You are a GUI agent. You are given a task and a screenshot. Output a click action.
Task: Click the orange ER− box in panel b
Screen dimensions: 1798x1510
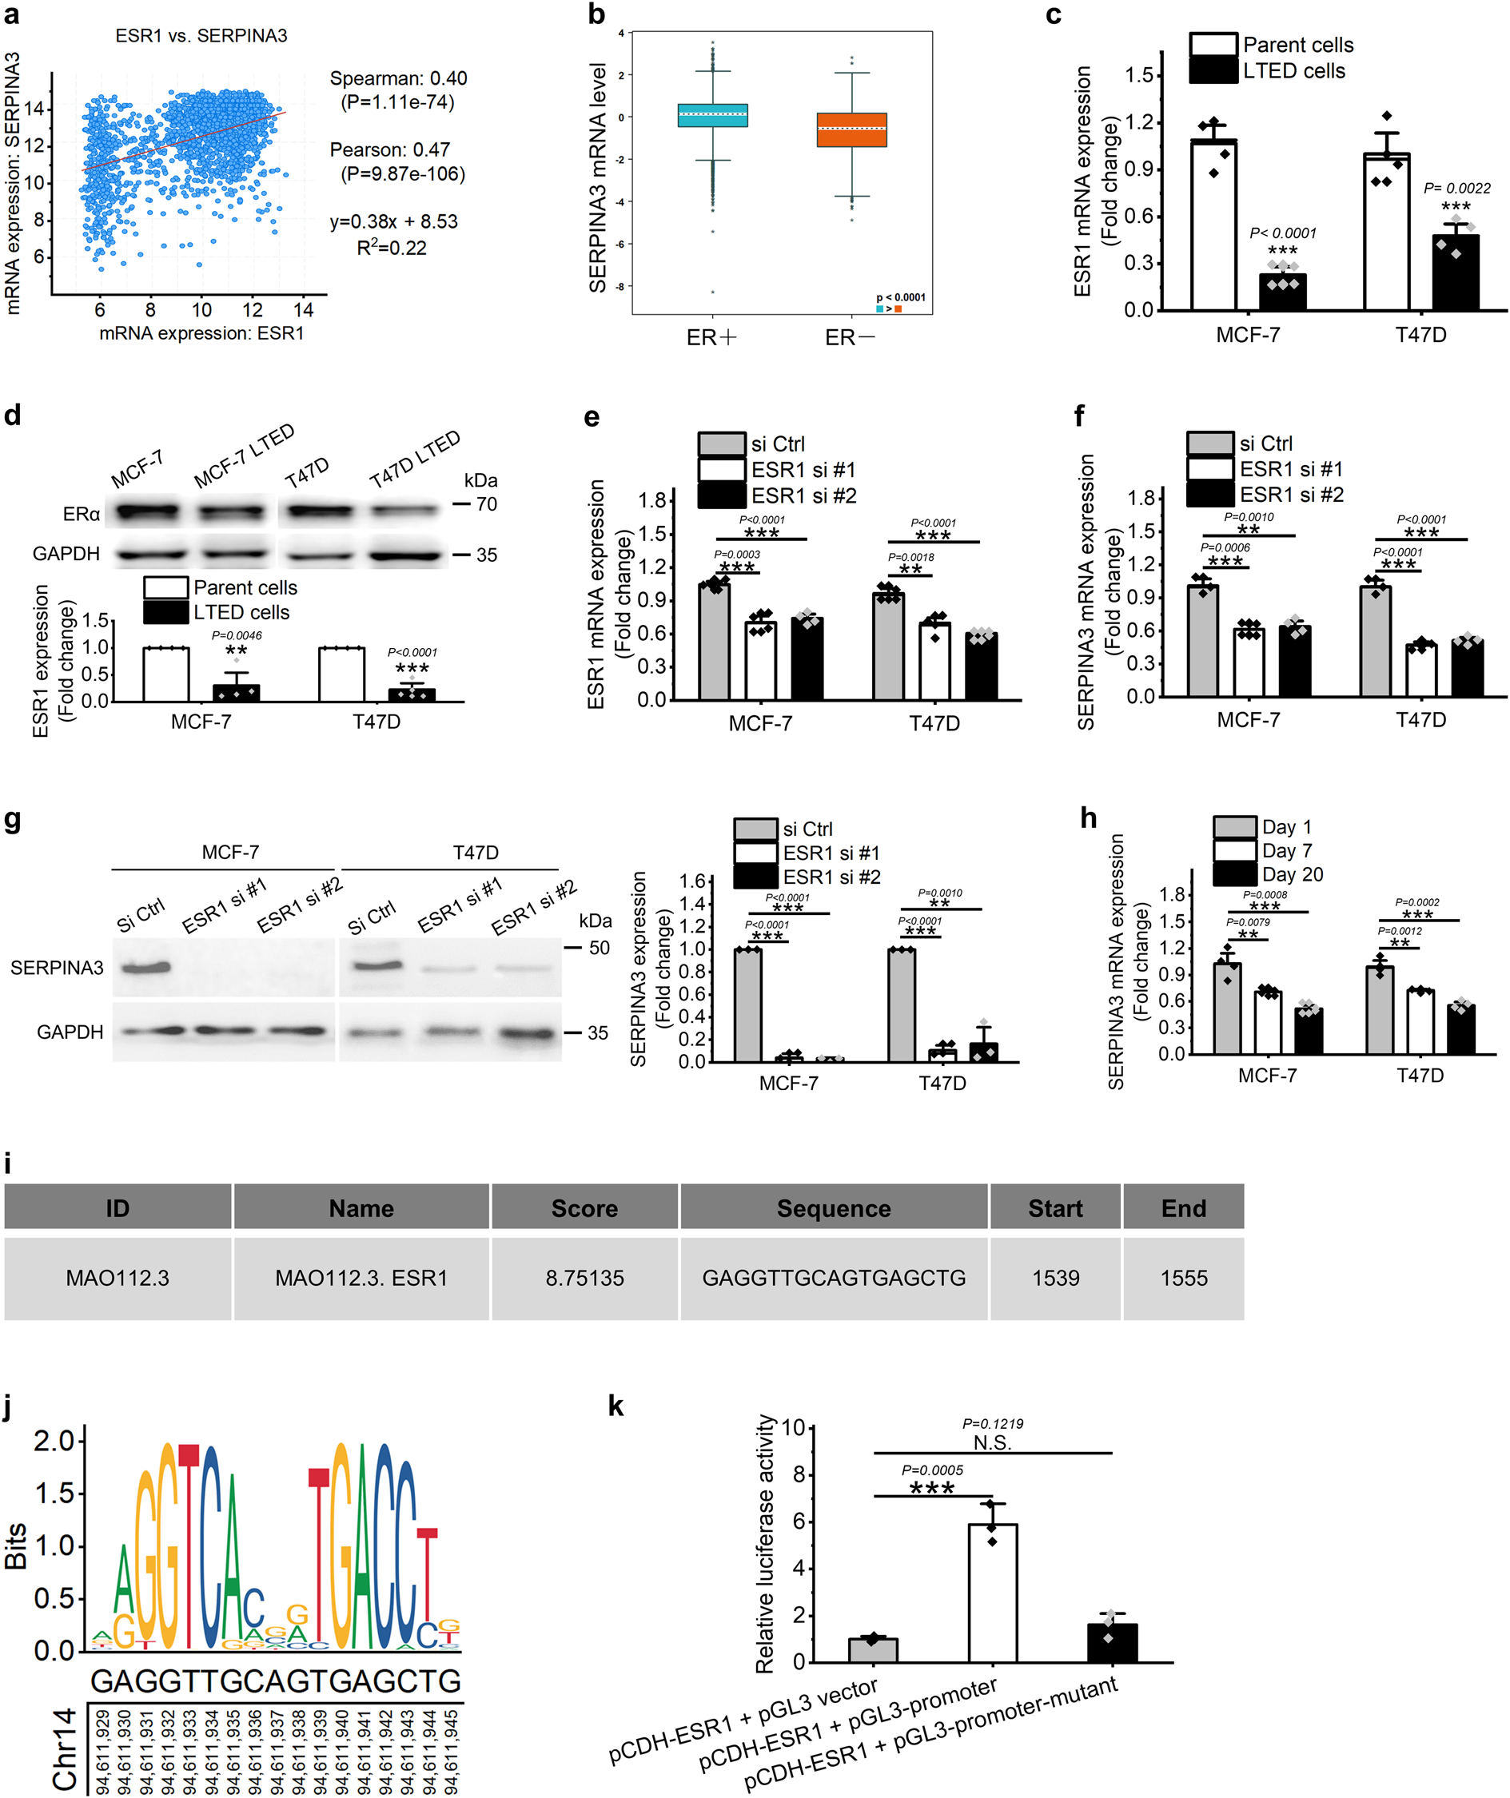click(851, 130)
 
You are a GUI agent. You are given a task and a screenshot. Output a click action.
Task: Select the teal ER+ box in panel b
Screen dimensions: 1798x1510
click(711, 116)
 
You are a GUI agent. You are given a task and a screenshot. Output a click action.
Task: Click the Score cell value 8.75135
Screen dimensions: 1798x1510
click(584, 1279)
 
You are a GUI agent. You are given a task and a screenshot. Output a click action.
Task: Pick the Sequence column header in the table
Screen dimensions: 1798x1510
click(834, 1208)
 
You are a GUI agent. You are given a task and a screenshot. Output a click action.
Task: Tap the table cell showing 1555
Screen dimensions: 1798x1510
click(1183, 1279)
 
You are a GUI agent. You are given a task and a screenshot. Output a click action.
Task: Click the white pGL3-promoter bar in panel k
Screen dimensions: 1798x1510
click(992, 1594)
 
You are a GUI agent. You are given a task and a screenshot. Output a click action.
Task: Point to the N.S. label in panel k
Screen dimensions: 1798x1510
click(992, 1442)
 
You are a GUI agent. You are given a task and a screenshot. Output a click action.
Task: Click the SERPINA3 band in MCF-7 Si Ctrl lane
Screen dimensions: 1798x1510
click(144, 969)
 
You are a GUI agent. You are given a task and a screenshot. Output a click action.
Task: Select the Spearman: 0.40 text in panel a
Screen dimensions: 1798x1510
click(398, 79)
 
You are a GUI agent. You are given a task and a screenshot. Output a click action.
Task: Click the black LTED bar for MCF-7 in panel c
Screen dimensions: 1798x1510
click(1282, 292)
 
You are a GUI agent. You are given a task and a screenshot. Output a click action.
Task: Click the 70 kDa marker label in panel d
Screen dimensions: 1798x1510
click(486, 504)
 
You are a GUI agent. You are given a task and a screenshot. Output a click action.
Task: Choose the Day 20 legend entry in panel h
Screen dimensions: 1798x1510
click(1292, 874)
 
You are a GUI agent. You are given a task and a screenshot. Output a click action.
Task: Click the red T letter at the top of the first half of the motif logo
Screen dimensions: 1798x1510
click(189, 1454)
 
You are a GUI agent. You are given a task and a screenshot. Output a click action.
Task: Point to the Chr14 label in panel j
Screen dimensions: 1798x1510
click(65, 1749)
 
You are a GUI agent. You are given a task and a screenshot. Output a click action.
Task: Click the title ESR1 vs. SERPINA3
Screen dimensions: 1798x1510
click(201, 36)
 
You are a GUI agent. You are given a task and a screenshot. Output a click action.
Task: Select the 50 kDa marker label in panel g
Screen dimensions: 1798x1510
click(599, 948)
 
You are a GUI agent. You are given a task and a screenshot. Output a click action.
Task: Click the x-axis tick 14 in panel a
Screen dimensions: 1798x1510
click(303, 310)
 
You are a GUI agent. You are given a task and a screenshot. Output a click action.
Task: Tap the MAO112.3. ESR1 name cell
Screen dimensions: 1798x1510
click(361, 1279)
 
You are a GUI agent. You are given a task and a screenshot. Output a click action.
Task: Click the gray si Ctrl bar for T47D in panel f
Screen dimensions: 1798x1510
click(1375, 641)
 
